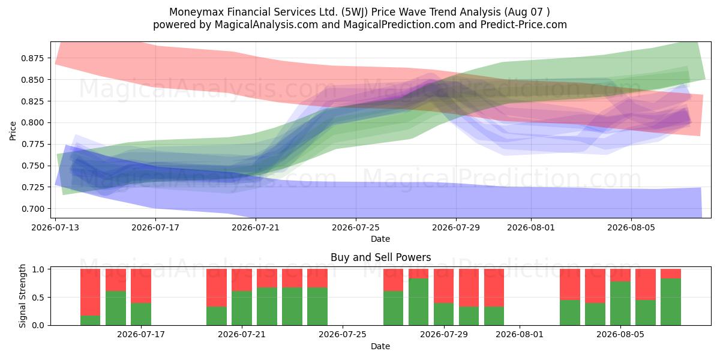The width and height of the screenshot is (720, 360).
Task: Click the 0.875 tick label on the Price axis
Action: click(32, 58)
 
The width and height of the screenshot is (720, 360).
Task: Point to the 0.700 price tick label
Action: click(32, 209)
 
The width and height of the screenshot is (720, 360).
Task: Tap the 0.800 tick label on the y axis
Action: click(32, 123)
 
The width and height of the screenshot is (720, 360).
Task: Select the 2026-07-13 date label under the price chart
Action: click(55, 227)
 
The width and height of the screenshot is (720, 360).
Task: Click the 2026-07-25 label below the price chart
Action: click(356, 227)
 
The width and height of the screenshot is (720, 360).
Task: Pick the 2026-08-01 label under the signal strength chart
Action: click(520, 334)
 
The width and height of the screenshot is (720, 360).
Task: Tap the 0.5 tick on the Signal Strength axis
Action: click(38, 298)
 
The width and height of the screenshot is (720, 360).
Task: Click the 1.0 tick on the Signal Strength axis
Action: click(38, 269)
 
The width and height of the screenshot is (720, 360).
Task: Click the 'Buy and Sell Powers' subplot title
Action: click(380, 257)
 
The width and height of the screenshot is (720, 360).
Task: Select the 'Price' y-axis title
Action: click(13, 131)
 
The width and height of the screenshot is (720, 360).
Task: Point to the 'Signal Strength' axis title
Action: click(23, 296)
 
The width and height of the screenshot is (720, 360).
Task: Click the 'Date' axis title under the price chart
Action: click(380, 239)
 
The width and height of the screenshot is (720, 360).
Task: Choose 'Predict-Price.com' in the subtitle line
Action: click(524, 25)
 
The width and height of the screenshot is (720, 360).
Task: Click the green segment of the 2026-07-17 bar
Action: click(141, 314)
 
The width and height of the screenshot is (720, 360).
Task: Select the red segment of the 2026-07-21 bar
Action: click(242, 280)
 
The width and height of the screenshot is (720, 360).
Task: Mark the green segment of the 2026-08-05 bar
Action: click(620, 304)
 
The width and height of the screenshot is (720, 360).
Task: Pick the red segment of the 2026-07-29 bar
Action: click(443, 286)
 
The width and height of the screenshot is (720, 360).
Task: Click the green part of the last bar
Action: click(671, 302)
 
